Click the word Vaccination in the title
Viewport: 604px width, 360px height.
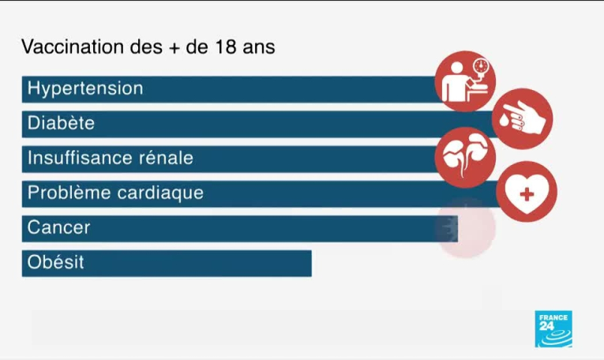[70, 47]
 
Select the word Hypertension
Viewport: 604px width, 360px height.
[85, 88]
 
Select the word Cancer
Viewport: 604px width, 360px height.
[58, 227]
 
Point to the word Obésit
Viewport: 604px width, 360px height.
[55, 262]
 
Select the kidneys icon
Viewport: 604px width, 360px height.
[465, 152]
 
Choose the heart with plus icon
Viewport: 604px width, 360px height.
[527, 192]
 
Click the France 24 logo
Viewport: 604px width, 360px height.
[553, 328]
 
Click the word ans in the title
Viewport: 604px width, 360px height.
[259, 48]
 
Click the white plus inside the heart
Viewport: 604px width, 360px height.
[527, 193]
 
